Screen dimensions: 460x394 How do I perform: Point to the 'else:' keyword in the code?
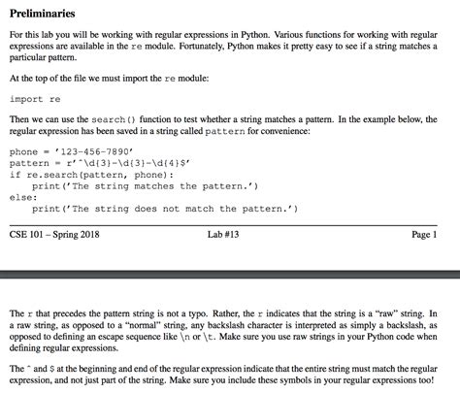22,197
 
